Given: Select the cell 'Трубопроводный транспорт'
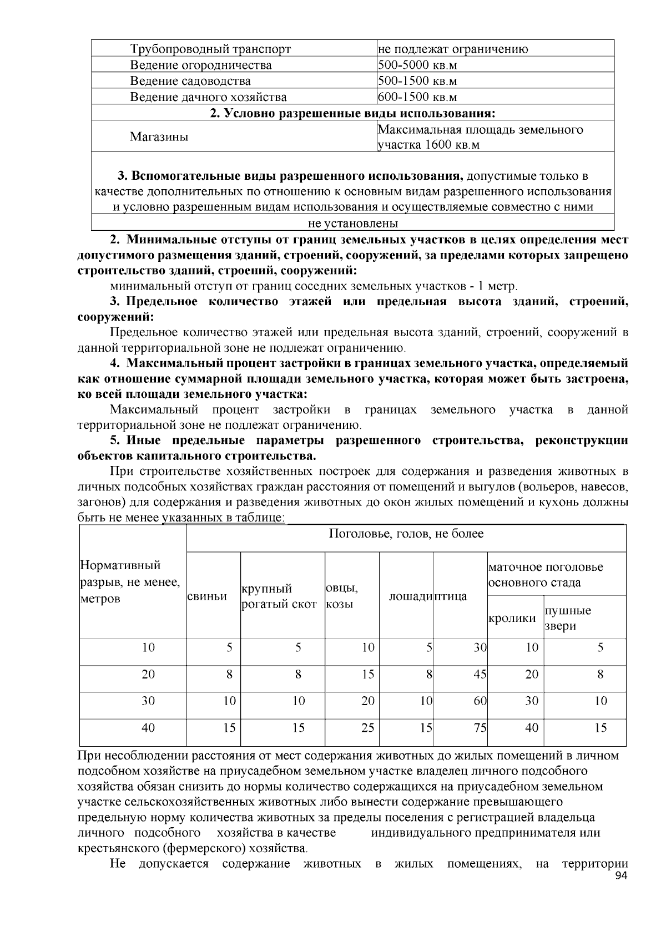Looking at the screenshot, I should pos(210,49).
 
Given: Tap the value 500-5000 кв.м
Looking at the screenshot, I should pos(417,65).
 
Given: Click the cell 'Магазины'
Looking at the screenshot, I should pos(159,137).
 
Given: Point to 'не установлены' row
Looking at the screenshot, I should pos(353,224).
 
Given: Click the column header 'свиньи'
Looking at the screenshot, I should pos(206,596).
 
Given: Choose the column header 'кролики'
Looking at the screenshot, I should pos(512,618).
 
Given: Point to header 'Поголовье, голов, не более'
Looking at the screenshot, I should pos(406,534).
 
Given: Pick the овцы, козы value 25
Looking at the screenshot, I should pos(367,727).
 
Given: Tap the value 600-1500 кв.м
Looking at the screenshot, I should pos(417,97).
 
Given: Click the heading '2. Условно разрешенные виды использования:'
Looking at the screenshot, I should pos(353,113).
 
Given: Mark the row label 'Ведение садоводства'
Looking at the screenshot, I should pos(190,81).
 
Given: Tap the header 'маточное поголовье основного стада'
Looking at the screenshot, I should pos(545,575).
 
